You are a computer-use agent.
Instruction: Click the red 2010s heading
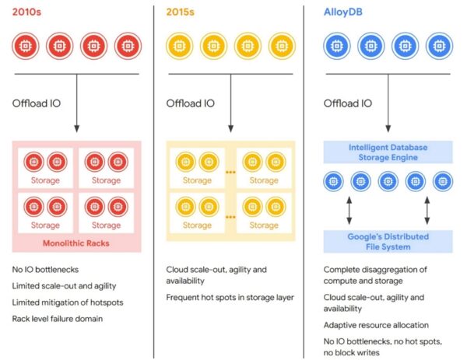26,12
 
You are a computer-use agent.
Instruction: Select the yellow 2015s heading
181,12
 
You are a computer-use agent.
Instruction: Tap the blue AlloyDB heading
342,12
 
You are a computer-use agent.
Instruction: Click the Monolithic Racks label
76,243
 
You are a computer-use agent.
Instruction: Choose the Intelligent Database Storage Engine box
388,152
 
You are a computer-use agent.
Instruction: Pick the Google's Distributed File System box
388,242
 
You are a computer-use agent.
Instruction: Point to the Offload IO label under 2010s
37,103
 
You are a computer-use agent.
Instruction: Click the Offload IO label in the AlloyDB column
348,103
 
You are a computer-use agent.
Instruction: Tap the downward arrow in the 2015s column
230,103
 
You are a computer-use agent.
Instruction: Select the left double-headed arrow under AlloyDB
349,210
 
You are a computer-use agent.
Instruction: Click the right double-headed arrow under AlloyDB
427,210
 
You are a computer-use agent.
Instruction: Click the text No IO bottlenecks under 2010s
45,270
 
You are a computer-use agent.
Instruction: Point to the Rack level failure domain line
58,319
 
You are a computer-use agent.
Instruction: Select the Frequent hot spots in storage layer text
230,298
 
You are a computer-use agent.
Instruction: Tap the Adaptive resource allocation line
376,325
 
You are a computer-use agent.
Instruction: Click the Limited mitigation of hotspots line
68,302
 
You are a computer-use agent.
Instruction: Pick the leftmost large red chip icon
26,46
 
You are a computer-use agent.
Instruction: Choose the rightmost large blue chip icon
439,46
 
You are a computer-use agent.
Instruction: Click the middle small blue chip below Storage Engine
388,181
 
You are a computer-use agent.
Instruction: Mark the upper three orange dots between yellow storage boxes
230,173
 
